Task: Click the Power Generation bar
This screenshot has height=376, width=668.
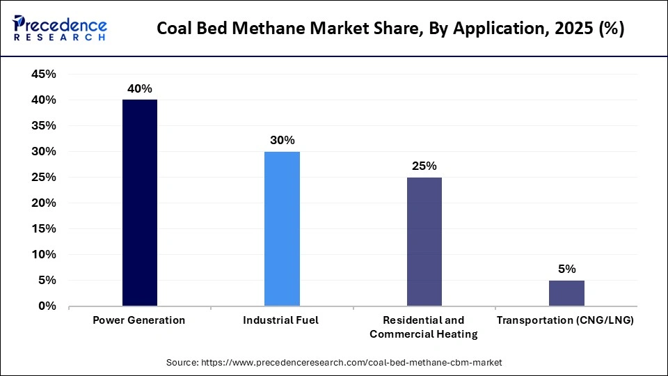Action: click(140, 203)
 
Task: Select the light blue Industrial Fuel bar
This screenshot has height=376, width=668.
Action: click(282, 228)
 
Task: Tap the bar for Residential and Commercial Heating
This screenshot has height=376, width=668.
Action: click(424, 242)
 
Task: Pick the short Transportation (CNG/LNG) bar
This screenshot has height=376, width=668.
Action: click(566, 293)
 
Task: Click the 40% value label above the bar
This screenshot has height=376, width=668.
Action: click(139, 88)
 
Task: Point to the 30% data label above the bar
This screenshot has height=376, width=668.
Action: click(282, 140)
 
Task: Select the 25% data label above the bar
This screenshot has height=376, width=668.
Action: click(424, 166)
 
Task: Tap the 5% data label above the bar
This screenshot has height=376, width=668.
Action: click(566, 269)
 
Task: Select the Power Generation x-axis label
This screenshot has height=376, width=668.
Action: click(140, 320)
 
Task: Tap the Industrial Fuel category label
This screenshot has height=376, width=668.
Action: click(282, 320)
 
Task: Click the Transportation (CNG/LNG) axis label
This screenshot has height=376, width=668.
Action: click(566, 320)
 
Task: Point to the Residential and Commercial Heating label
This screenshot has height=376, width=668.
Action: click(424, 327)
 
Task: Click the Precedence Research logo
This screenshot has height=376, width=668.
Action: click(60, 29)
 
